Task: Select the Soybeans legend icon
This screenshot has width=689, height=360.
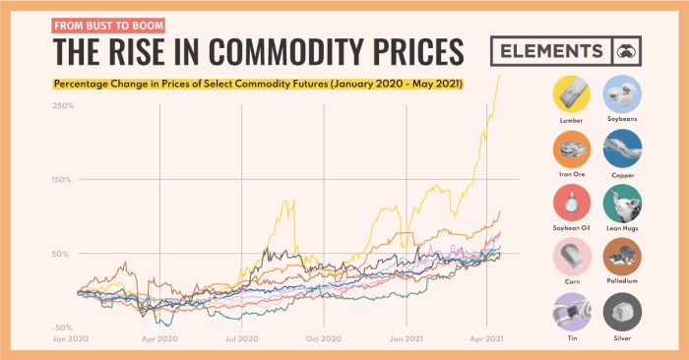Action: click(622, 95)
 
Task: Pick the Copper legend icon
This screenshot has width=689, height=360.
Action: click(622, 150)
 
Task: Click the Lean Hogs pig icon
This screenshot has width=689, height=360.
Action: click(622, 203)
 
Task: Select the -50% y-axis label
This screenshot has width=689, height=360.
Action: click(62, 327)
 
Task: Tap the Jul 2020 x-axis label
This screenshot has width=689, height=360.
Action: click(241, 337)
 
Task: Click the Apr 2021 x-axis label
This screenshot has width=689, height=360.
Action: click(486, 337)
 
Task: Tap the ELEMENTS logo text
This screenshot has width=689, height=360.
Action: click(550, 51)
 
